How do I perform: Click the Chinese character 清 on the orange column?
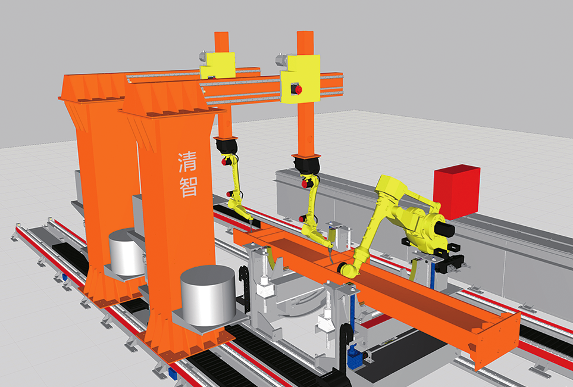point(187,162)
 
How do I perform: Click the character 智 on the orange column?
point(189,187)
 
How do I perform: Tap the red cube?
point(457,192)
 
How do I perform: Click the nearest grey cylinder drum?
point(208,295)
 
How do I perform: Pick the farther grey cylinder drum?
point(126,252)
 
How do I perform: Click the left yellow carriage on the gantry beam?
point(217,65)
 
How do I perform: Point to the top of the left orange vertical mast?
point(221,33)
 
